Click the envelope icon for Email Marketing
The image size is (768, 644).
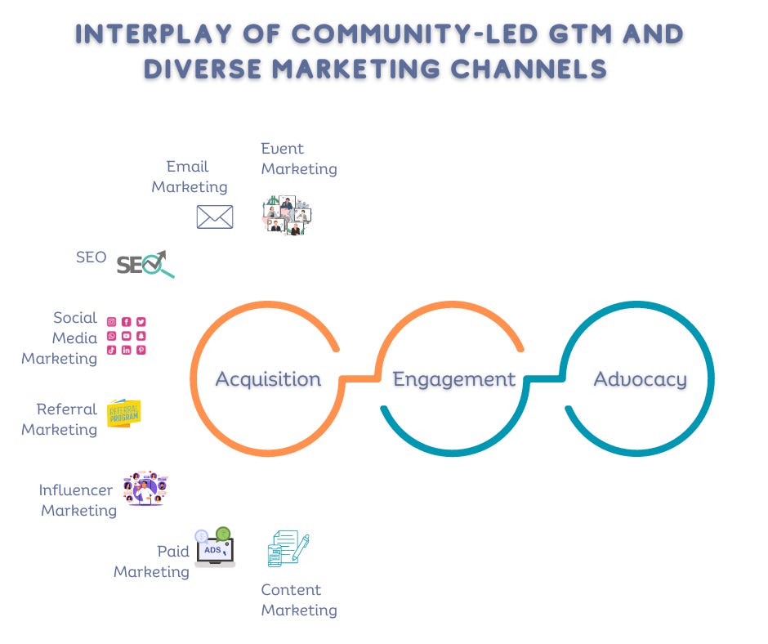(x=215, y=217)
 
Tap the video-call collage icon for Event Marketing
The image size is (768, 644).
(x=287, y=216)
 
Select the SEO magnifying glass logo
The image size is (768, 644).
(x=145, y=264)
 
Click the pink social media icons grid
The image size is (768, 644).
(x=127, y=336)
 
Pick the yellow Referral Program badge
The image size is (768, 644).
(x=124, y=414)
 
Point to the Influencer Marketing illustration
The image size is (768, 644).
(x=145, y=488)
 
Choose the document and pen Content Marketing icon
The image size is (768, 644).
(x=288, y=548)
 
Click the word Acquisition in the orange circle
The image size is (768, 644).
(x=268, y=379)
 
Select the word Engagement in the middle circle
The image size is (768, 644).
(x=453, y=379)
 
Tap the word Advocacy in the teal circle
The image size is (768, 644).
(x=640, y=379)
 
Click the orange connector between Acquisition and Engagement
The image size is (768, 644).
(x=359, y=378)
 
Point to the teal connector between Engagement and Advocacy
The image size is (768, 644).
(x=545, y=378)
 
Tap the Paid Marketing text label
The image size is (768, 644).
(x=152, y=561)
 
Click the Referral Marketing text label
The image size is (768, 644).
(x=60, y=419)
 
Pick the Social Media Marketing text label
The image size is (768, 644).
(x=60, y=338)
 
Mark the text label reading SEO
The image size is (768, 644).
(x=91, y=257)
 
